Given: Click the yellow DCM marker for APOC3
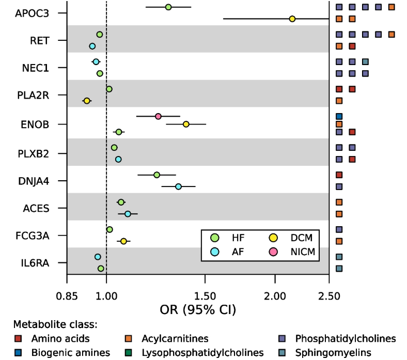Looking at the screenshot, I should click(292, 19).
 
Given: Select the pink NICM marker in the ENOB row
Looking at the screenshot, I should click(158, 116).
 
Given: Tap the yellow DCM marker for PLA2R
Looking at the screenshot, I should click(87, 101).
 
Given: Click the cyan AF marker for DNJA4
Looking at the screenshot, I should click(179, 186).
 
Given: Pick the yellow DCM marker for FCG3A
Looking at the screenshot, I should click(123, 241).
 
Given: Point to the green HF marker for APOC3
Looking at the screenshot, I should click(168, 7).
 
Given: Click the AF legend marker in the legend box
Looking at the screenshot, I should click(214, 252).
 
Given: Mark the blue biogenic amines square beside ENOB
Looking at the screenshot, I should click(339, 116).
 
